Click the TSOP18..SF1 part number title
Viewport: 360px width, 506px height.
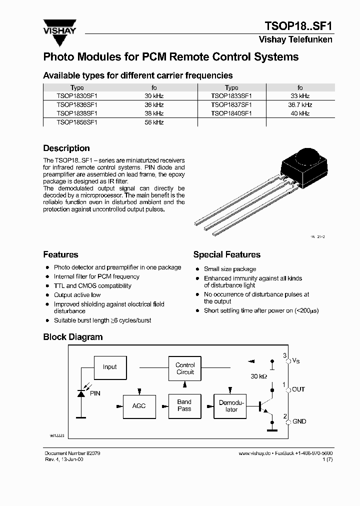298,26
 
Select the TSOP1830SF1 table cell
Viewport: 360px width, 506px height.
77,95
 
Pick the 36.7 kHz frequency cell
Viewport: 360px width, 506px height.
300,105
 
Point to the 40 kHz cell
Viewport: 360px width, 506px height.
299,113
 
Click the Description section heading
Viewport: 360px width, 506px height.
66,148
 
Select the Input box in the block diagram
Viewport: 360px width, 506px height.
109,367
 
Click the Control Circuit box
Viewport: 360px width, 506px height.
185,368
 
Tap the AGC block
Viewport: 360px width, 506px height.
139,405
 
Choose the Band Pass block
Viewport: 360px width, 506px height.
184,405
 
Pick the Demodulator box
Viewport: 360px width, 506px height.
231,406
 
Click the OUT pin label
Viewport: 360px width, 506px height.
298,389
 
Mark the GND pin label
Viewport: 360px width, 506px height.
299,421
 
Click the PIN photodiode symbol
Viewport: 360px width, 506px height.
81,393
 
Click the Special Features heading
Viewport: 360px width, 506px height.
226,255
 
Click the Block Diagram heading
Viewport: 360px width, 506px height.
73,337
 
